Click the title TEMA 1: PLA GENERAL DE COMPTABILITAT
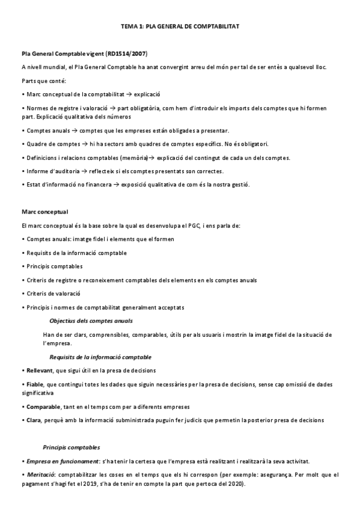coord(180,27)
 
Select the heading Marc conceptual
coord(44,212)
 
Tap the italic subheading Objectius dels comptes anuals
coord(91,321)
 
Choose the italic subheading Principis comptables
coord(72,448)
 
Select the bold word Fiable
coord(34,384)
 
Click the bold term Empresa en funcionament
coord(56,461)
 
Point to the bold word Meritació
coord(40,475)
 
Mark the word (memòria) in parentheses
coord(133,158)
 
